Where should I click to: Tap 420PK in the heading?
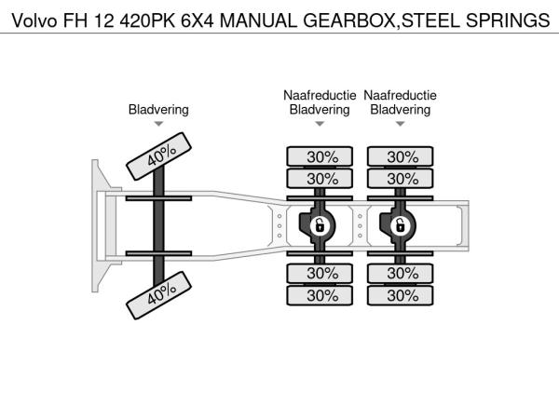click(147, 20)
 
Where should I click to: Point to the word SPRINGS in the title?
click(508, 20)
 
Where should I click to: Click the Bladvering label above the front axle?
click(158, 109)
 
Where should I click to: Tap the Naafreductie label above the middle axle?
click(320, 95)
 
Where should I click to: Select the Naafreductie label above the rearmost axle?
click(400, 95)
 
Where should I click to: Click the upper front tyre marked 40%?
click(158, 156)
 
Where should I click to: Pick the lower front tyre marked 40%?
click(158, 295)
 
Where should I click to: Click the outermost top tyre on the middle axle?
click(320, 156)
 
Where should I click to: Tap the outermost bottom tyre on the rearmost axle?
click(400, 295)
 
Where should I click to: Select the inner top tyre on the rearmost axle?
click(400, 179)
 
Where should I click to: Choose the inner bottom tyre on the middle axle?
click(320, 273)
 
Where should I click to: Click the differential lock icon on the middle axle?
click(320, 225)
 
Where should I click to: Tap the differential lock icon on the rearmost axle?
click(400, 225)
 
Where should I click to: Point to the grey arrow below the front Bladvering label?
click(158, 124)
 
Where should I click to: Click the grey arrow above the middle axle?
click(320, 124)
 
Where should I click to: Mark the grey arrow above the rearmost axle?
click(400, 124)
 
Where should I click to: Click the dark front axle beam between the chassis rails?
click(158, 226)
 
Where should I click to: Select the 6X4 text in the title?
click(198, 20)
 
